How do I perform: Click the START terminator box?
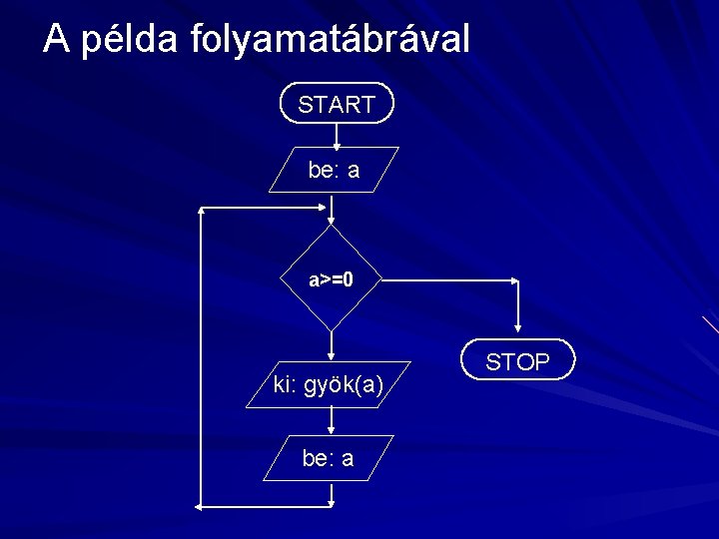point(337,104)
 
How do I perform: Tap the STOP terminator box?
point(517,361)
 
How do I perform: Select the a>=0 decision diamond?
point(331,278)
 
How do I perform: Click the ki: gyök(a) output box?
point(329,384)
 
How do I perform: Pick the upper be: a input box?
point(334,170)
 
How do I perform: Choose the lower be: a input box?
point(329,458)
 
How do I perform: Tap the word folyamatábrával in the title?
point(325,40)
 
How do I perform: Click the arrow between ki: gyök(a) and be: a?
point(331,420)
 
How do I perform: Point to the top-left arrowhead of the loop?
point(203,210)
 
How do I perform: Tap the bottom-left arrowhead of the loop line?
point(200,508)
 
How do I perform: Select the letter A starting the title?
point(57,40)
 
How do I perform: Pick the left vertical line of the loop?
point(201,359)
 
